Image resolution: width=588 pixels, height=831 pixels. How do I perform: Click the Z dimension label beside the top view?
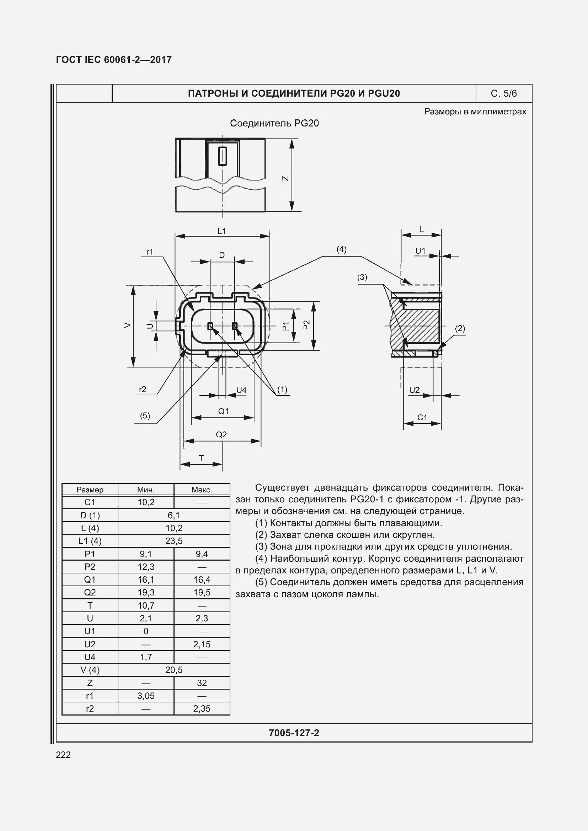tap(286, 178)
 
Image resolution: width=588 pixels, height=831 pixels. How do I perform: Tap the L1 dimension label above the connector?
tap(221, 231)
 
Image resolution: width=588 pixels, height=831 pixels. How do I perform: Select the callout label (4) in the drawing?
tap(341, 249)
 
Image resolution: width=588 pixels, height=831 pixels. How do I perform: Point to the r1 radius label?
tap(150, 252)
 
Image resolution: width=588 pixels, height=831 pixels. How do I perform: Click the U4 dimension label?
tap(241, 390)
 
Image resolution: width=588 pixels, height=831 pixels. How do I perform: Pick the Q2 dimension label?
tap(221, 434)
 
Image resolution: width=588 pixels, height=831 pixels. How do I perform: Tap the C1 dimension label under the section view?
tap(422, 417)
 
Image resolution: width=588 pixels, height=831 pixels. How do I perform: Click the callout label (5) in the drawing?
tap(145, 416)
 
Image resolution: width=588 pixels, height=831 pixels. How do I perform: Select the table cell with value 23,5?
tap(174, 541)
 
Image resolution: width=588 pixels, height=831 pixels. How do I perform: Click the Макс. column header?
tap(202, 490)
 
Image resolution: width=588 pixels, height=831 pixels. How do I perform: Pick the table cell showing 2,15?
tap(202, 644)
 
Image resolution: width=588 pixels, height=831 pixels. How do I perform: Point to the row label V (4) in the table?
tap(90, 670)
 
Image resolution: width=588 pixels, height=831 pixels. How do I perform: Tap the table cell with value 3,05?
tap(146, 696)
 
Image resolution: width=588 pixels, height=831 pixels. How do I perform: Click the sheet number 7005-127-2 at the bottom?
tap(294, 733)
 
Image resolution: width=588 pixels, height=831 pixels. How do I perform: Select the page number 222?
tap(63, 755)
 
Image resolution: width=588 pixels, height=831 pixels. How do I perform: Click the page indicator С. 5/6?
tap(504, 93)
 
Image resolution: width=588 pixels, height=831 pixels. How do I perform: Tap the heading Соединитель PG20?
tap(274, 123)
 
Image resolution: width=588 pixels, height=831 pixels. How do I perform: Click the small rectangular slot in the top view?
tap(222, 156)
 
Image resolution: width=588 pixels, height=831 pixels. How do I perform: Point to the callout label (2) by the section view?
tap(460, 328)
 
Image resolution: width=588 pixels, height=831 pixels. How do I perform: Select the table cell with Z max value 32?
tap(202, 683)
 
